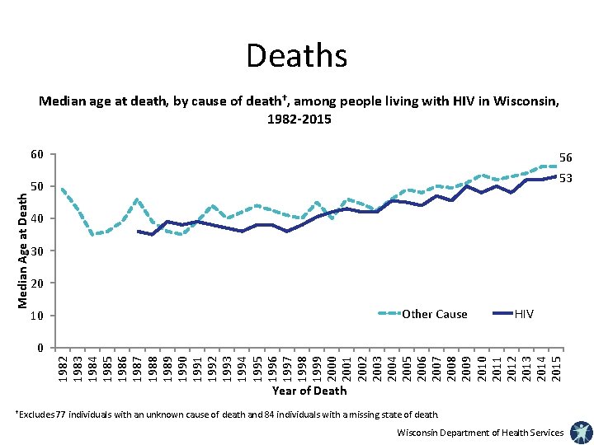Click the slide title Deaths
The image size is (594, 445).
[296, 56]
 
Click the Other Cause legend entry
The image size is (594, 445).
[433, 314]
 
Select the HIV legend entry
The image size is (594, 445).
[524, 314]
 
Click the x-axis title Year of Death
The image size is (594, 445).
[309, 391]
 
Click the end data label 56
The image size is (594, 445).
[566, 157]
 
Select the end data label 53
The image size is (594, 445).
[566, 178]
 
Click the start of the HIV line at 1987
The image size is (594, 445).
[138, 232]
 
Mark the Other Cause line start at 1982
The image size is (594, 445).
[63, 190]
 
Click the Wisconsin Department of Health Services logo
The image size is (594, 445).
[580, 432]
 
